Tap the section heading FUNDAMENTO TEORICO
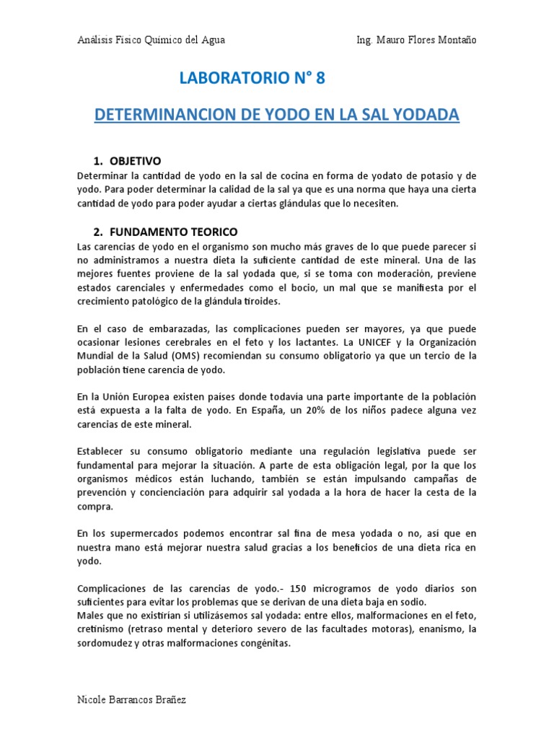(x=173, y=232)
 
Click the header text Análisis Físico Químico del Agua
(x=151, y=40)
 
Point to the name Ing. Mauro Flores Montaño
(x=416, y=40)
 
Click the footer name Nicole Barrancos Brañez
(x=131, y=701)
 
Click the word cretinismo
(x=101, y=629)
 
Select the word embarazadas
(x=165, y=328)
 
